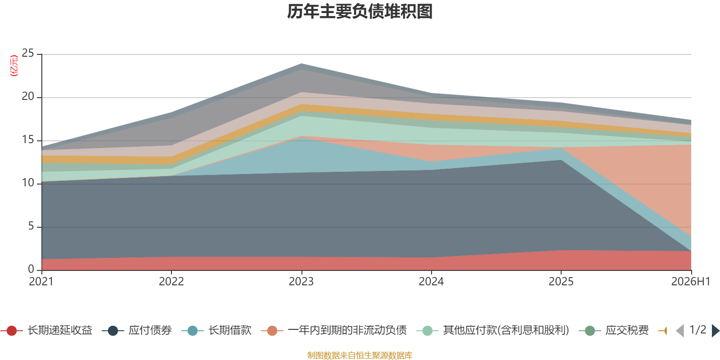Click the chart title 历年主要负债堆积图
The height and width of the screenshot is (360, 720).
click(x=360, y=12)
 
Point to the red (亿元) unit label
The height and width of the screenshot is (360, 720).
click(x=14, y=66)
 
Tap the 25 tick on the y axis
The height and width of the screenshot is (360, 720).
click(x=27, y=53)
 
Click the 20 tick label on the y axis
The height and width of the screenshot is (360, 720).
click(x=27, y=96)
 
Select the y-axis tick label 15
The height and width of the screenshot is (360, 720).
click(x=27, y=139)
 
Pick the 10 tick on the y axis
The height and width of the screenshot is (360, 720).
click(x=27, y=183)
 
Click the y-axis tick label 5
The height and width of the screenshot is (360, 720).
click(x=31, y=226)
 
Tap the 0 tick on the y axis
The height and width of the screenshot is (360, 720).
click(x=31, y=269)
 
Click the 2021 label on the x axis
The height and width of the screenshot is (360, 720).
click(x=41, y=282)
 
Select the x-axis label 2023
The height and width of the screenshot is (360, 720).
click(x=301, y=282)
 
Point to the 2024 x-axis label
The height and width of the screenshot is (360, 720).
click(x=431, y=282)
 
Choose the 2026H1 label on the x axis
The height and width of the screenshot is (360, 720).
click(x=691, y=282)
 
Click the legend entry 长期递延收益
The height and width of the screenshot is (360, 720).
click(x=46, y=330)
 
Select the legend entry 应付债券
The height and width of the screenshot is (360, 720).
click(x=137, y=330)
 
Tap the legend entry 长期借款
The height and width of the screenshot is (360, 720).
click(x=216, y=330)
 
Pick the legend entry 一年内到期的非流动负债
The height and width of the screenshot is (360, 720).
click(x=334, y=330)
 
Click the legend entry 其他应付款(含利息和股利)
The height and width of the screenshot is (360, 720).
click(x=493, y=330)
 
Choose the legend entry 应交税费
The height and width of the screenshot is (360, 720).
click(x=614, y=330)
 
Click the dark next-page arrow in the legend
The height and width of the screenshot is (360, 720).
click(x=715, y=330)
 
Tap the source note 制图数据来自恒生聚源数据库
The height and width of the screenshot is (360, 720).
click(x=360, y=355)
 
